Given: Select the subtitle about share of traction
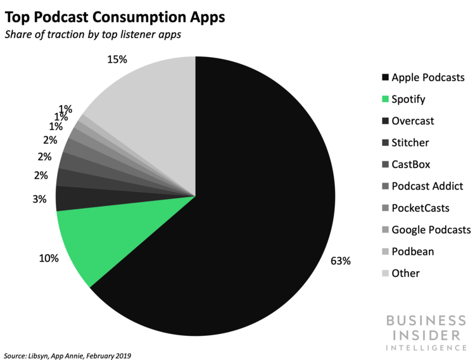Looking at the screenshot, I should (92, 35).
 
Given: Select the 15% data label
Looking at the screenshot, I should (118, 60).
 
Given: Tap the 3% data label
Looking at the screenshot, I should (39, 199).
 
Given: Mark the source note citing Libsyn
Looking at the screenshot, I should (67, 355).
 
